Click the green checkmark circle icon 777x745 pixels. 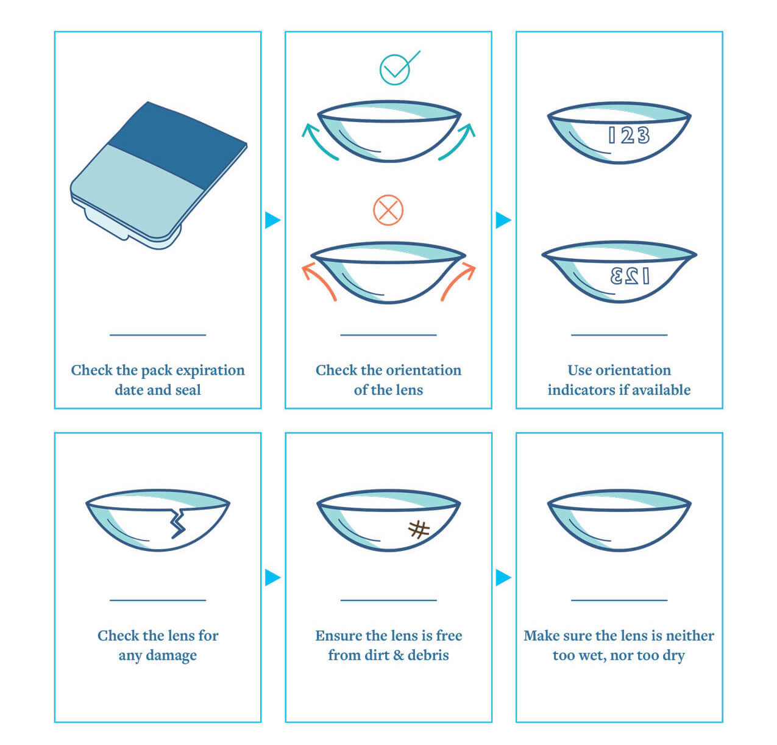[394, 70]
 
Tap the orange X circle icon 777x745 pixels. [388, 210]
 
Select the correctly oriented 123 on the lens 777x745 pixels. [628, 135]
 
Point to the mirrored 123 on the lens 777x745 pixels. [630, 276]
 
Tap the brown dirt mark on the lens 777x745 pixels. [419, 530]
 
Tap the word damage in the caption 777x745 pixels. [171, 656]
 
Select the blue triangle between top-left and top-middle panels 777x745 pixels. [272, 220]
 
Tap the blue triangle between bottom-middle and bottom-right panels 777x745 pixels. [503, 578]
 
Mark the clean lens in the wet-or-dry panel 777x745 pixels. [619, 520]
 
